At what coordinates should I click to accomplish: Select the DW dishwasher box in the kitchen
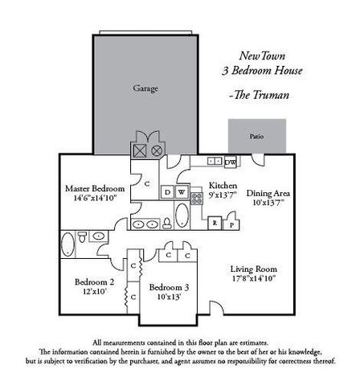[x=230, y=162]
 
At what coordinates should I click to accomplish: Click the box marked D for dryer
[x=167, y=192]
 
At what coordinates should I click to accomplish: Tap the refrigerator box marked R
[x=215, y=223]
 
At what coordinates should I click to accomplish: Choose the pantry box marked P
[x=231, y=223]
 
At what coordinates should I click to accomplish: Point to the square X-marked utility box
[x=140, y=150]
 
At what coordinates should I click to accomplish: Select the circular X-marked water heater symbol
[x=157, y=150]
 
